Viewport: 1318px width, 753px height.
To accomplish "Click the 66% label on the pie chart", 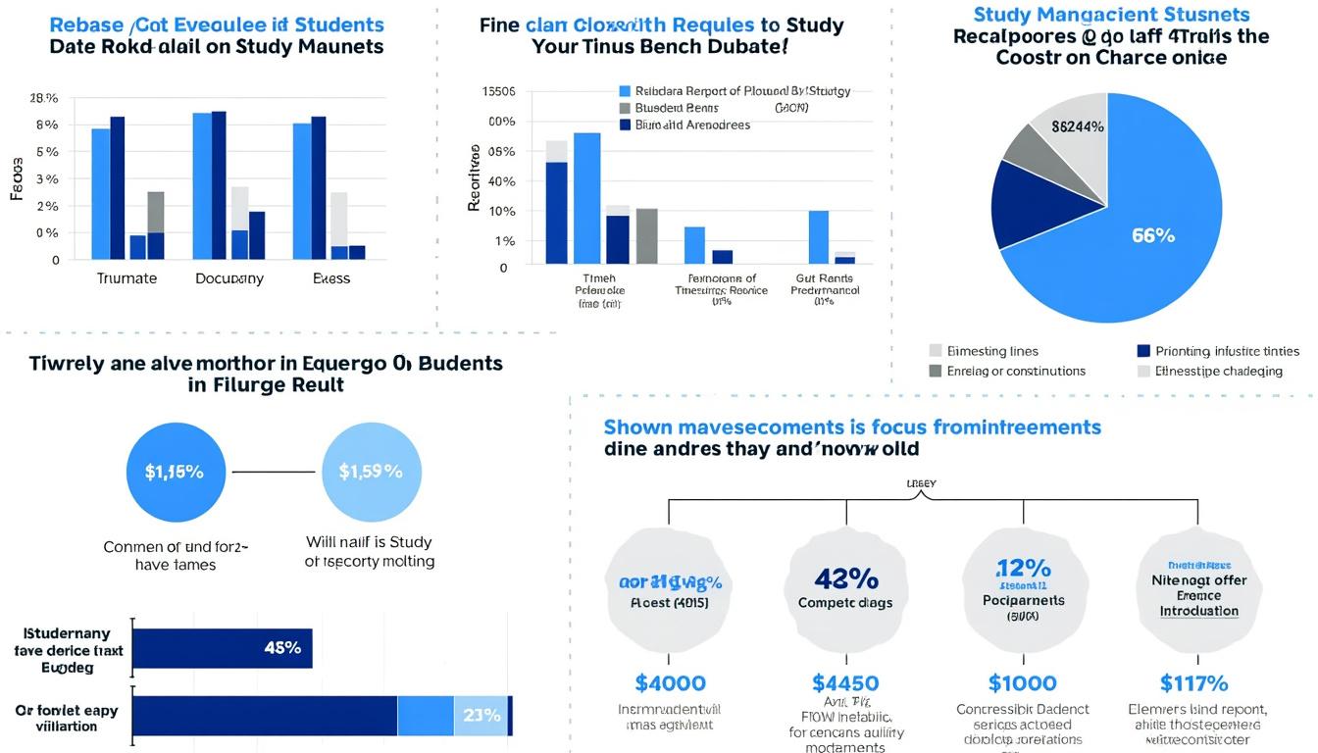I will tap(1152, 235).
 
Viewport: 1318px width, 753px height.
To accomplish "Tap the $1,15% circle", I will tap(175, 472).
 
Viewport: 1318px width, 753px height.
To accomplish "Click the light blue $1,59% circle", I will tap(370, 472).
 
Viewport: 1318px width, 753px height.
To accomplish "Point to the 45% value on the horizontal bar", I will tap(282, 648).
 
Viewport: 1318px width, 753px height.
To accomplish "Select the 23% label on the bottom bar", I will tap(482, 715).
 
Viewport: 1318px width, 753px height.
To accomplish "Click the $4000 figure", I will tap(670, 683).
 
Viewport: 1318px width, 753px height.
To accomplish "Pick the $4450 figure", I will tap(845, 683).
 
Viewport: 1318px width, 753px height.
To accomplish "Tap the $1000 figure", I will tap(1022, 683).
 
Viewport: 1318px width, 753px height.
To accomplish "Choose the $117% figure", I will tap(1194, 683).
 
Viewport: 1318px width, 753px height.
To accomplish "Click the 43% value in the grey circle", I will tap(845, 578).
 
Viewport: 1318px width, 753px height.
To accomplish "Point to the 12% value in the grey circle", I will tap(1023, 569).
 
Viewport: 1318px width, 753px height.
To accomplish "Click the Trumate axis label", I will tap(127, 278).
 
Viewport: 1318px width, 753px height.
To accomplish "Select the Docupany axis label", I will tap(228, 278).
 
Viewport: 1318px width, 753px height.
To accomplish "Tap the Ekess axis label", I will tap(331, 278).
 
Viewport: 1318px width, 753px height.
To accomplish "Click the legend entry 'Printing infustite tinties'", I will tap(1227, 351).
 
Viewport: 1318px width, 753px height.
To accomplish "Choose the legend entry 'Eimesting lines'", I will tap(992, 351).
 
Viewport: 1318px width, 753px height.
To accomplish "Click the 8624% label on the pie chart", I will tap(1078, 126).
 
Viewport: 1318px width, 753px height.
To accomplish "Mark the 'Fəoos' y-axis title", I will tap(17, 177).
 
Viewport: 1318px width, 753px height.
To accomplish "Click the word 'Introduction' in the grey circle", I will tap(1198, 611).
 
